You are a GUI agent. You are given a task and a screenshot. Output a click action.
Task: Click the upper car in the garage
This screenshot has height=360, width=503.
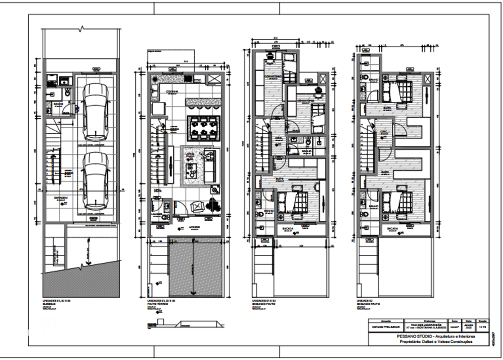tap(96, 112)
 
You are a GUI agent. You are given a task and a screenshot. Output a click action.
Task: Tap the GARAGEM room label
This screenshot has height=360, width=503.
tap(61, 198)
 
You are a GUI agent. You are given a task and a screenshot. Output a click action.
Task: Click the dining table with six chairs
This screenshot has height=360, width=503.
tap(201, 127)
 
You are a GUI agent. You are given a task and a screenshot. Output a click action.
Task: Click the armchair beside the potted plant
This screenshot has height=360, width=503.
tap(197, 206)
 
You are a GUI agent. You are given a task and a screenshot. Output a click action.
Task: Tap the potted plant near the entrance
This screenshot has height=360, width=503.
tap(213, 205)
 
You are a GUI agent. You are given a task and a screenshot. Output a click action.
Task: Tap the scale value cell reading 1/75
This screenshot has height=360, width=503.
tap(482, 326)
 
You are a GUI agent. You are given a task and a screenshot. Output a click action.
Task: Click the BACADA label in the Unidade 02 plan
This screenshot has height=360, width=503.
tap(393, 229)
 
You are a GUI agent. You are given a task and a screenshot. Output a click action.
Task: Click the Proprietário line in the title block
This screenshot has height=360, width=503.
tap(429, 341)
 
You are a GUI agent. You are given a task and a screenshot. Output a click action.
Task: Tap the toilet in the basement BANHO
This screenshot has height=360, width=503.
tap(66, 93)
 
